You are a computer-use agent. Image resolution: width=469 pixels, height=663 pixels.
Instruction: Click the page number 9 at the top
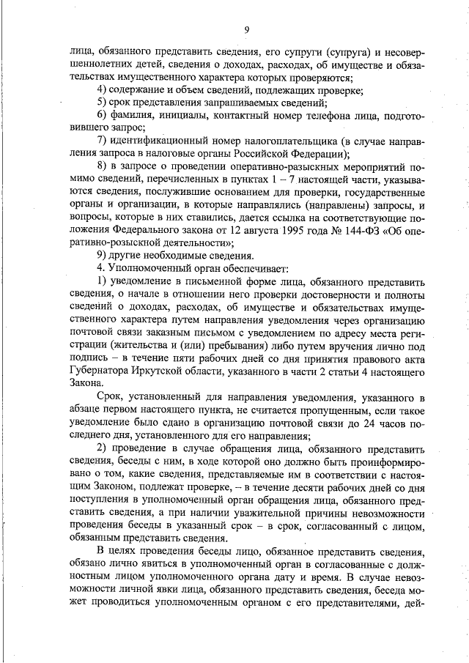point(247,29)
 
